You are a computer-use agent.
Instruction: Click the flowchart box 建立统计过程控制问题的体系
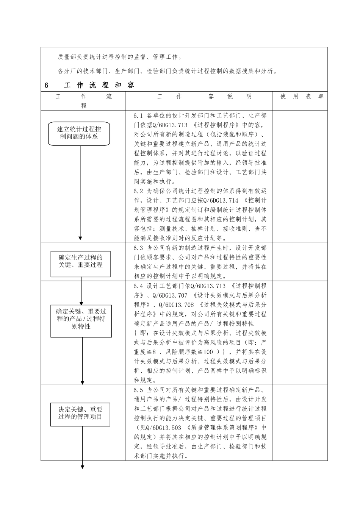click(x=79, y=133)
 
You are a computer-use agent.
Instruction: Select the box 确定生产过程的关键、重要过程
click(x=81, y=262)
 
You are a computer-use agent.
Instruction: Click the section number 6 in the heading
click(x=46, y=86)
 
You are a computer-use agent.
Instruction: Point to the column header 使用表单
click(x=302, y=97)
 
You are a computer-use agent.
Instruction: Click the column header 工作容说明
click(x=204, y=97)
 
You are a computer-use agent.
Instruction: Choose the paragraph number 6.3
click(x=138, y=248)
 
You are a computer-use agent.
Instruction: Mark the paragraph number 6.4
click(x=138, y=286)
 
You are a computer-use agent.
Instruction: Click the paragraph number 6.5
click(x=138, y=390)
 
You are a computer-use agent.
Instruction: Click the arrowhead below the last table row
click(x=82, y=466)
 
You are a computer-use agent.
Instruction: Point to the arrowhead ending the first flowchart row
click(x=80, y=238)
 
